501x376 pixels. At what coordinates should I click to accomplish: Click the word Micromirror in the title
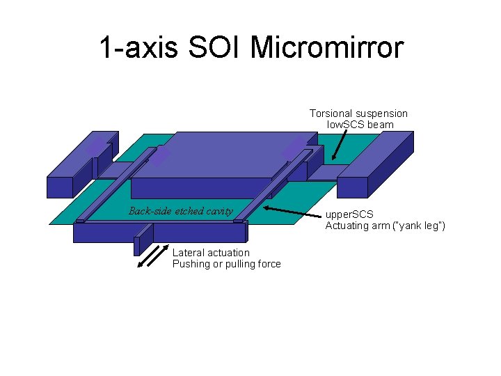(x=326, y=48)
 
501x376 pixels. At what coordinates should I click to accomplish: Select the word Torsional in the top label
(x=331, y=113)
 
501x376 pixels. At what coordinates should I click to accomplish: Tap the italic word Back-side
(x=150, y=211)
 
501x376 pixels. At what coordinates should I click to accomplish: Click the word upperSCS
(x=349, y=214)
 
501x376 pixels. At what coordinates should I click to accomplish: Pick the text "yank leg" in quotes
(x=419, y=226)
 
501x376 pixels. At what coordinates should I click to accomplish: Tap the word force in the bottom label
(x=268, y=264)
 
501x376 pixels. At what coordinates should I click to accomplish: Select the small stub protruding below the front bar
(x=141, y=244)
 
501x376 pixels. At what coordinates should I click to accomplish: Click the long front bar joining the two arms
(x=160, y=231)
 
